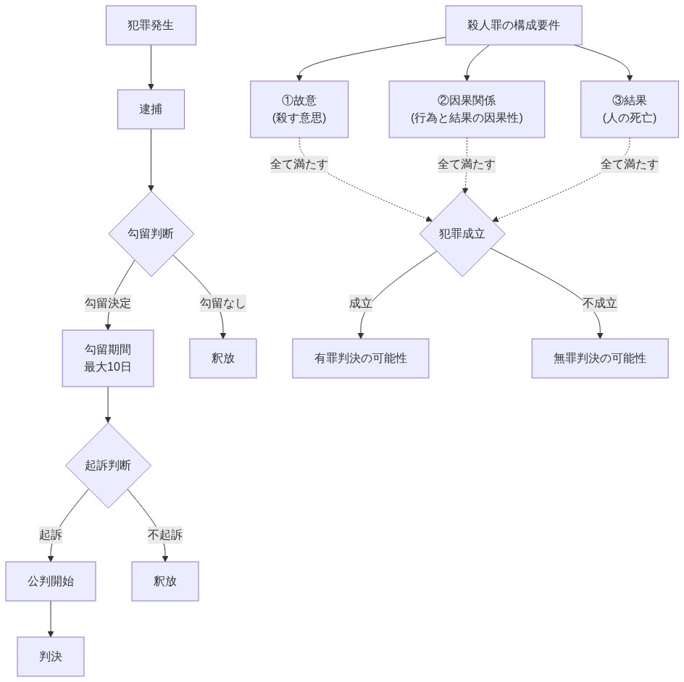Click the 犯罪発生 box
tap(151, 25)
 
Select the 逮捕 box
tap(151, 109)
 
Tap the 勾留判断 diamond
tap(151, 234)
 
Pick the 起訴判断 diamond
tap(108, 466)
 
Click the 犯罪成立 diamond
tap(462, 234)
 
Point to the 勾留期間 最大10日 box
tap(108, 358)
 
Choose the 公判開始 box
tap(51, 581)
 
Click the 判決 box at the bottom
tap(51, 657)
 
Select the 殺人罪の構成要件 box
tap(514, 25)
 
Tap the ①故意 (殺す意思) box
tap(299, 109)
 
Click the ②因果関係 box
tap(467, 109)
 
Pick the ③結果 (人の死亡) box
tap(630, 109)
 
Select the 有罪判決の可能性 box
tap(361, 358)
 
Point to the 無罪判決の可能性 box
tap(600, 358)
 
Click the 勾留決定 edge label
tap(108, 303)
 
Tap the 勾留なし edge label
tap(222, 303)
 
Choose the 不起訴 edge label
tap(165, 535)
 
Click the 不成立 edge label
tap(600, 303)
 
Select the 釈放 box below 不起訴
tap(165, 581)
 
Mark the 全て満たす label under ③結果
tap(630, 164)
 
